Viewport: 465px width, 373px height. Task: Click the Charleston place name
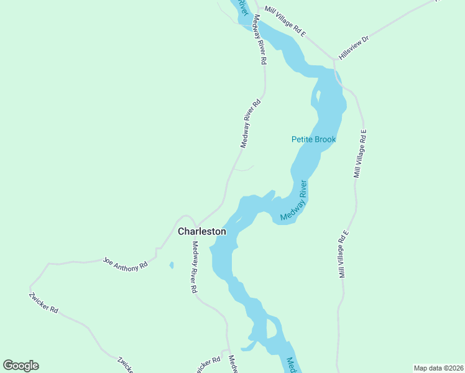[202, 231]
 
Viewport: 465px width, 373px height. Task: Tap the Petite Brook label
[313, 139]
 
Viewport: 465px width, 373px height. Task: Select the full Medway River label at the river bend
[294, 201]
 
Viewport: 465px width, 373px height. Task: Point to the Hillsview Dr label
[354, 48]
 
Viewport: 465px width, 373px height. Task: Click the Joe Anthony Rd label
[126, 263]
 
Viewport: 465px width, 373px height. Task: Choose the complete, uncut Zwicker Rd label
[44, 302]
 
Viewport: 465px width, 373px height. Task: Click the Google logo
[21, 366]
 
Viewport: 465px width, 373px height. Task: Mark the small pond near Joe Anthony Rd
[172, 265]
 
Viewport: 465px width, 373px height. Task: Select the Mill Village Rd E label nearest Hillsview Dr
[284, 19]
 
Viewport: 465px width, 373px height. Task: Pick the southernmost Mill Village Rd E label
[344, 254]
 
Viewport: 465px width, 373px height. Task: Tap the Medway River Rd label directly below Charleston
[195, 267]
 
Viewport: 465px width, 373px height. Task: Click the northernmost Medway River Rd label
[259, 40]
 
